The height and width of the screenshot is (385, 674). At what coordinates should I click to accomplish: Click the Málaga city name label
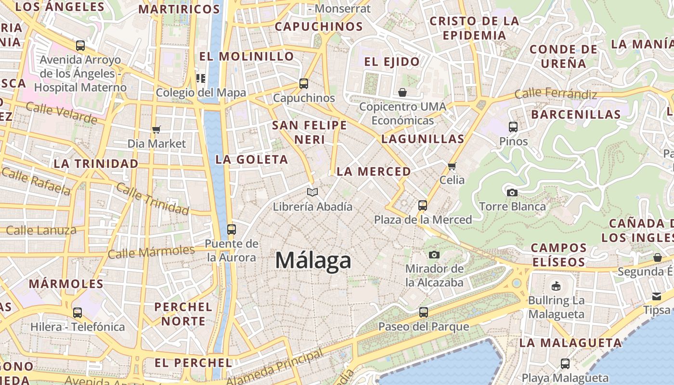pos(313,261)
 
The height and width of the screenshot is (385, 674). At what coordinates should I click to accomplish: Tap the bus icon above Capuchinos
pos(304,83)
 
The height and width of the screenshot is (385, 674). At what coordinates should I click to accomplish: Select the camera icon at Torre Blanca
pos(512,192)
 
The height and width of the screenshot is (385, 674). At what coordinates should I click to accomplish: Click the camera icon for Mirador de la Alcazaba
pos(434,254)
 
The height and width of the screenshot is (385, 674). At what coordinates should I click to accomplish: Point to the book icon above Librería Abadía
pos(312,192)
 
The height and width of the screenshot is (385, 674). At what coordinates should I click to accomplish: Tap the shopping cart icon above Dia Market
pos(156,129)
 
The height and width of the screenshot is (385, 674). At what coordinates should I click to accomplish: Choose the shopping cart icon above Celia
pos(452,166)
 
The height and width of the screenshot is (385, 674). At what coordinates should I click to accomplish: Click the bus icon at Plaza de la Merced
pos(423,205)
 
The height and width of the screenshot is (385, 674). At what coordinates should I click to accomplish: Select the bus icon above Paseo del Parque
pos(424,312)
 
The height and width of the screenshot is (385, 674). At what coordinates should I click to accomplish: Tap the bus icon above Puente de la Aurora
pos(232,229)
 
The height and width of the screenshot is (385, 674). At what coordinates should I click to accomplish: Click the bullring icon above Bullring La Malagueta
pos(556,286)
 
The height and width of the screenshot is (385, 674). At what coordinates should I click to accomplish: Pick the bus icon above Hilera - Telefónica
pos(78,312)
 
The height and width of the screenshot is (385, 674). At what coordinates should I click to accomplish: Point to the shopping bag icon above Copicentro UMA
pos(402,92)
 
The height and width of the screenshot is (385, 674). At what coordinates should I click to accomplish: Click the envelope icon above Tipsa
pos(657,296)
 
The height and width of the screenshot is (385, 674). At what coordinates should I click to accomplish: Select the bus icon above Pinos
pos(513,127)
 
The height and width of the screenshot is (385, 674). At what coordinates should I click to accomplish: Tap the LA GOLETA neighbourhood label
pos(251,159)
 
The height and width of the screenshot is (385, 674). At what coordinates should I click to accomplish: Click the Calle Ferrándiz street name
pos(556,93)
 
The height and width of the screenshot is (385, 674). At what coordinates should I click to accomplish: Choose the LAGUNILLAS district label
pos(423,139)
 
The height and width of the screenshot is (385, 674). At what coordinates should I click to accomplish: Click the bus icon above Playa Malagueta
pos(565,364)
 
